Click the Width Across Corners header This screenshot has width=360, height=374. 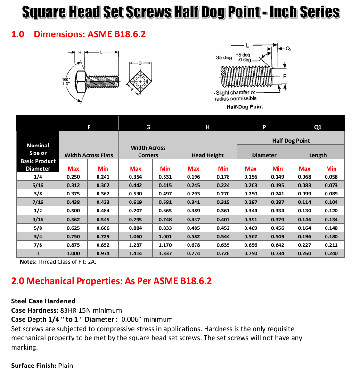click(148, 151)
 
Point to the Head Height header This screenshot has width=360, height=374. click(207, 155)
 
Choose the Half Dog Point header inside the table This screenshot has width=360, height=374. click(291, 140)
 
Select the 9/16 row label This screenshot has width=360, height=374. click(38, 220)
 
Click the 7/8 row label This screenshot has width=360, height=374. click(38, 245)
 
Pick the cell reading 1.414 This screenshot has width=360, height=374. click(135, 253)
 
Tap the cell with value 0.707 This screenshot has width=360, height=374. click(135, 211)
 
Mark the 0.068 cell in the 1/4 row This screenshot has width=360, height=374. click(304, 177)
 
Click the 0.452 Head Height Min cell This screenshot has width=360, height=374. click(223, 228)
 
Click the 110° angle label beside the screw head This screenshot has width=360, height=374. click(66, 84)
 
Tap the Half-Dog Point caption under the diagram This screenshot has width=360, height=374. click(245, 107)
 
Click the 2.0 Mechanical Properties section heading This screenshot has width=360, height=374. click(111, 281)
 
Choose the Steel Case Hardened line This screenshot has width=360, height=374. click(43, 301)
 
